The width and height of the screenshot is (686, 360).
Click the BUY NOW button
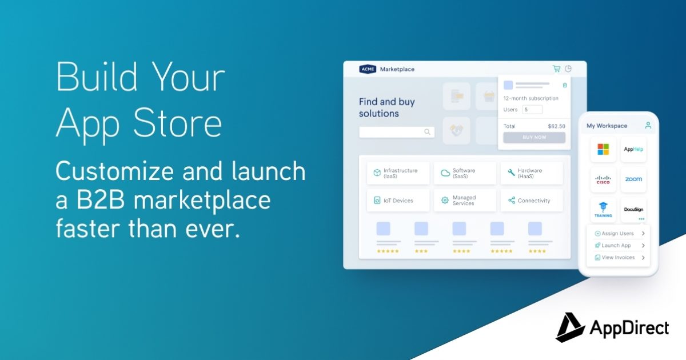(534, 138)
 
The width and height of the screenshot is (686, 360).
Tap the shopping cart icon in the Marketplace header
(556, 69)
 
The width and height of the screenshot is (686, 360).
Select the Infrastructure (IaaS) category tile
(398, 173)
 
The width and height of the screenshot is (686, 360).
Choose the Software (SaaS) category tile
(465, 173)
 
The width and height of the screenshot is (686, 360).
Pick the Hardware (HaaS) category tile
(531, 173)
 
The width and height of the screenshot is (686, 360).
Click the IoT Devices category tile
(398, 201)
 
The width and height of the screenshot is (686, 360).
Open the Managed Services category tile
(465, 201)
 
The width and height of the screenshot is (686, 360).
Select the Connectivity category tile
(531, 201)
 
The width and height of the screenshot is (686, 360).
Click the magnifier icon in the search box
(427, 132)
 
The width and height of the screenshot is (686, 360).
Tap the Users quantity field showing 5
(532, 110)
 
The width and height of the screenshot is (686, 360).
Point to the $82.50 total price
(556, 126)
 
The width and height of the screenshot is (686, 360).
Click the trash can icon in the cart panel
(565, 85)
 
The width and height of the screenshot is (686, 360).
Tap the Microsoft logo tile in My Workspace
(603, 150)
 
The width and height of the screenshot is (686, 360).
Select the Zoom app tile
(633, 179)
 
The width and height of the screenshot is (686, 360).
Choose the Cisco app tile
(603, 179)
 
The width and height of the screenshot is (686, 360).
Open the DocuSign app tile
(633, 210)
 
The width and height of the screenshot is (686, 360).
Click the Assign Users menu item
(618, 233)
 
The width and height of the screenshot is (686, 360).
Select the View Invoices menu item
(618, 258)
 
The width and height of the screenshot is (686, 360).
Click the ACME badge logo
(367, 69)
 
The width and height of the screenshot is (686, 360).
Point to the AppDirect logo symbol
(569, 328)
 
